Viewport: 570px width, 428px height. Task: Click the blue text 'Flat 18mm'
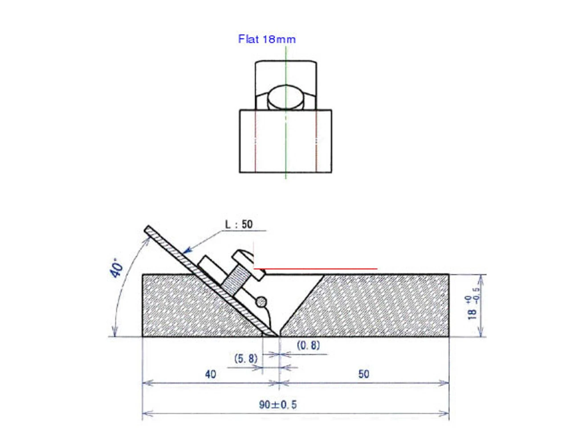coord(267,39)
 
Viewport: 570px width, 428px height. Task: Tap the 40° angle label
coord(118,267)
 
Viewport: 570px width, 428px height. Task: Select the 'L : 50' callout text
coord(239,224)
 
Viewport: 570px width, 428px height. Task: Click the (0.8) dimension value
coord(308,345)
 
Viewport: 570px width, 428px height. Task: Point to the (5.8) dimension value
coord(246,358)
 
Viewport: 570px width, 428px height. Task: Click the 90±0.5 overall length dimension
coord(278,405)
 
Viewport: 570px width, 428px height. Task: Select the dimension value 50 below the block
coord(364,374)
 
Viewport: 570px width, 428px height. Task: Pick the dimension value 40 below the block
coord(211,374)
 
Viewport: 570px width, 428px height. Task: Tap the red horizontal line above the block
coord(316,269)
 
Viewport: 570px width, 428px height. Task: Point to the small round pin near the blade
coord(261,302)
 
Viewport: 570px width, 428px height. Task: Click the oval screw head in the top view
coord(286,98)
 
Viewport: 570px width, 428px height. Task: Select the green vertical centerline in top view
coord(286,143)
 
